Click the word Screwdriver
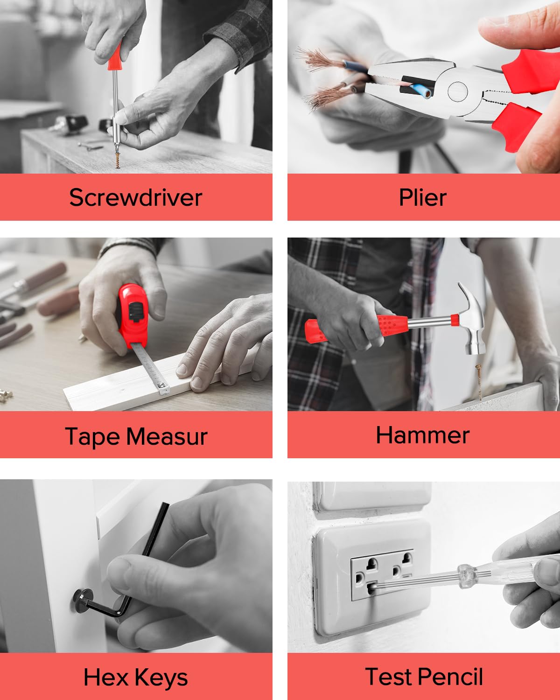(136, 197)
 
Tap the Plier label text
(423, 197)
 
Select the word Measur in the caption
(167, 436)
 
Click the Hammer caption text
(423, 435)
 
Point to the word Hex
(106, 677)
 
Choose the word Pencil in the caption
(450, 677)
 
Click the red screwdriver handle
(116, 57)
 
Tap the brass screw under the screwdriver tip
(118, 160)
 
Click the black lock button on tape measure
(136, 312)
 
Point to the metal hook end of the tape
(163, 388)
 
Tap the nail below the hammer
(479, 382)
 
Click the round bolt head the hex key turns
(82, 601)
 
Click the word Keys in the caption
(161, 678)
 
